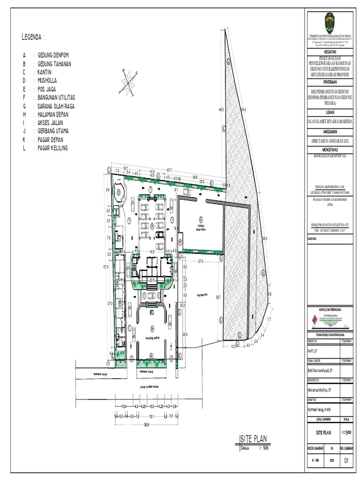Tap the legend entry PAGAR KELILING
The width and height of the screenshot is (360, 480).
tap(52, 148)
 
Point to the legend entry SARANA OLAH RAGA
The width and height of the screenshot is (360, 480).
tap(56, 106)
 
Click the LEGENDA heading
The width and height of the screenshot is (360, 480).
tap(33, 37)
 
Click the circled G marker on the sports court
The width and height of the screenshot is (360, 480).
tap(201, 219)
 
